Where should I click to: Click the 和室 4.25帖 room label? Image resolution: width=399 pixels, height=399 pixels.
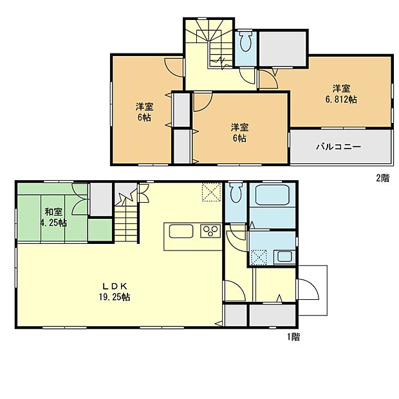click(53, 217)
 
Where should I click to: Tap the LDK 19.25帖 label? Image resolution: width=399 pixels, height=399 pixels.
click(115, 292)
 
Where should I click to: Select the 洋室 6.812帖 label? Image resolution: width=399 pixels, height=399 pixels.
click(341, 94)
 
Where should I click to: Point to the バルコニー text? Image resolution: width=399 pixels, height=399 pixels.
click(338, 147)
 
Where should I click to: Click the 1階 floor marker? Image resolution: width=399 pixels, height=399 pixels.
click(292, 337)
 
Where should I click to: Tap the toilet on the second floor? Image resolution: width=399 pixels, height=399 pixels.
click(245, 44)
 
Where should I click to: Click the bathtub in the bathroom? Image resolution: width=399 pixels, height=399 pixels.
click(272, 196)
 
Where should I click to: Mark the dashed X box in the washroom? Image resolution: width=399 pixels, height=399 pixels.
click(259, 256)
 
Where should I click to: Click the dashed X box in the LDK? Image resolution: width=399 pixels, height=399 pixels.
click(211, 192)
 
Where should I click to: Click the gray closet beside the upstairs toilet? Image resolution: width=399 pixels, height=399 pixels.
click(283, 48)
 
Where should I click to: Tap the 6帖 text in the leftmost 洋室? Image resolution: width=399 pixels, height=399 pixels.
click(144, 118)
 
